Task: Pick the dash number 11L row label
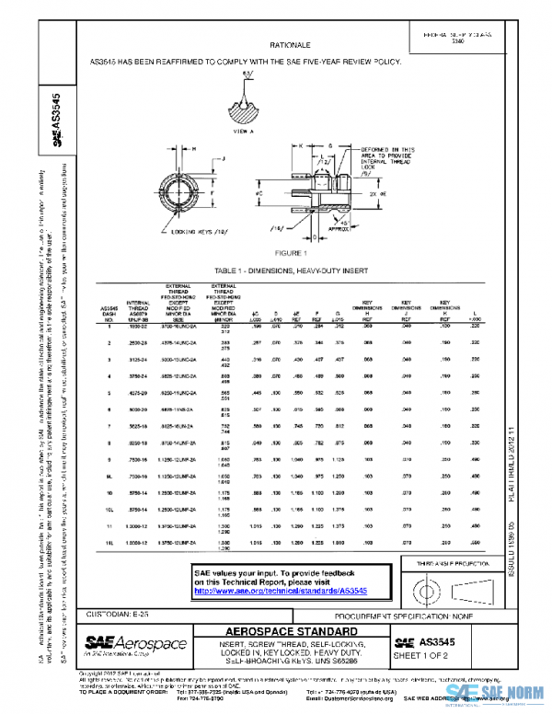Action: (x=109, y=545)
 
